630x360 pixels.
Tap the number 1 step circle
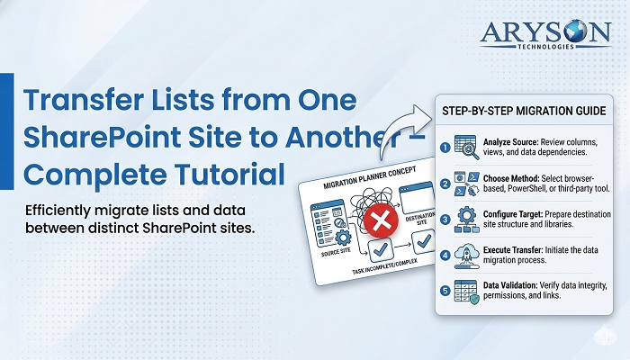(x=445, y=147)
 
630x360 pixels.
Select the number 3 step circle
(x=445, y=220)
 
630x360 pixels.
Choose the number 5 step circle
(x=445, y=290)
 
